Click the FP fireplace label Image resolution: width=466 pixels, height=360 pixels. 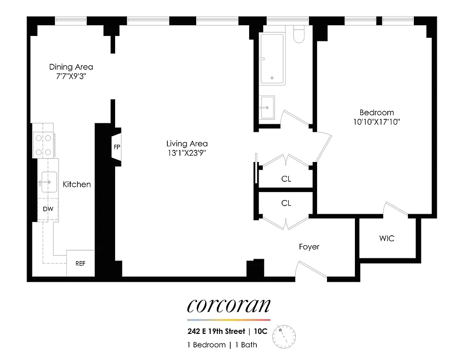(x=117, y=147)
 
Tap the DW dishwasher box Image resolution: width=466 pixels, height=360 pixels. (x=48, y=209)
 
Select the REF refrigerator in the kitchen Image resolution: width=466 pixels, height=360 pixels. (x=80, y=264)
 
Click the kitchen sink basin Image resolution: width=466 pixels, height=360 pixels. (x=49, y=182)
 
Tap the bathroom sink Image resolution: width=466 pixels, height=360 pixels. (x=268, y=107)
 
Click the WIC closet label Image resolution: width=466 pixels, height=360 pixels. (x=387, y=238)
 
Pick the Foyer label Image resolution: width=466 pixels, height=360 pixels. (x=309, y=247)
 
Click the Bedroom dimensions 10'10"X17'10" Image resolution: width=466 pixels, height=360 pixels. (x=376, y=121)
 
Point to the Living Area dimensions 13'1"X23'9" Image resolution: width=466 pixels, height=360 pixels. (x=187, y=153)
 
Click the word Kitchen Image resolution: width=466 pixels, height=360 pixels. (x=76, y=184)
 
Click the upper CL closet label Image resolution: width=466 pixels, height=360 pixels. (x=286, y=179)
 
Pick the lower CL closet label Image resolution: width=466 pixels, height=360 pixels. (x=286, y=203)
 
